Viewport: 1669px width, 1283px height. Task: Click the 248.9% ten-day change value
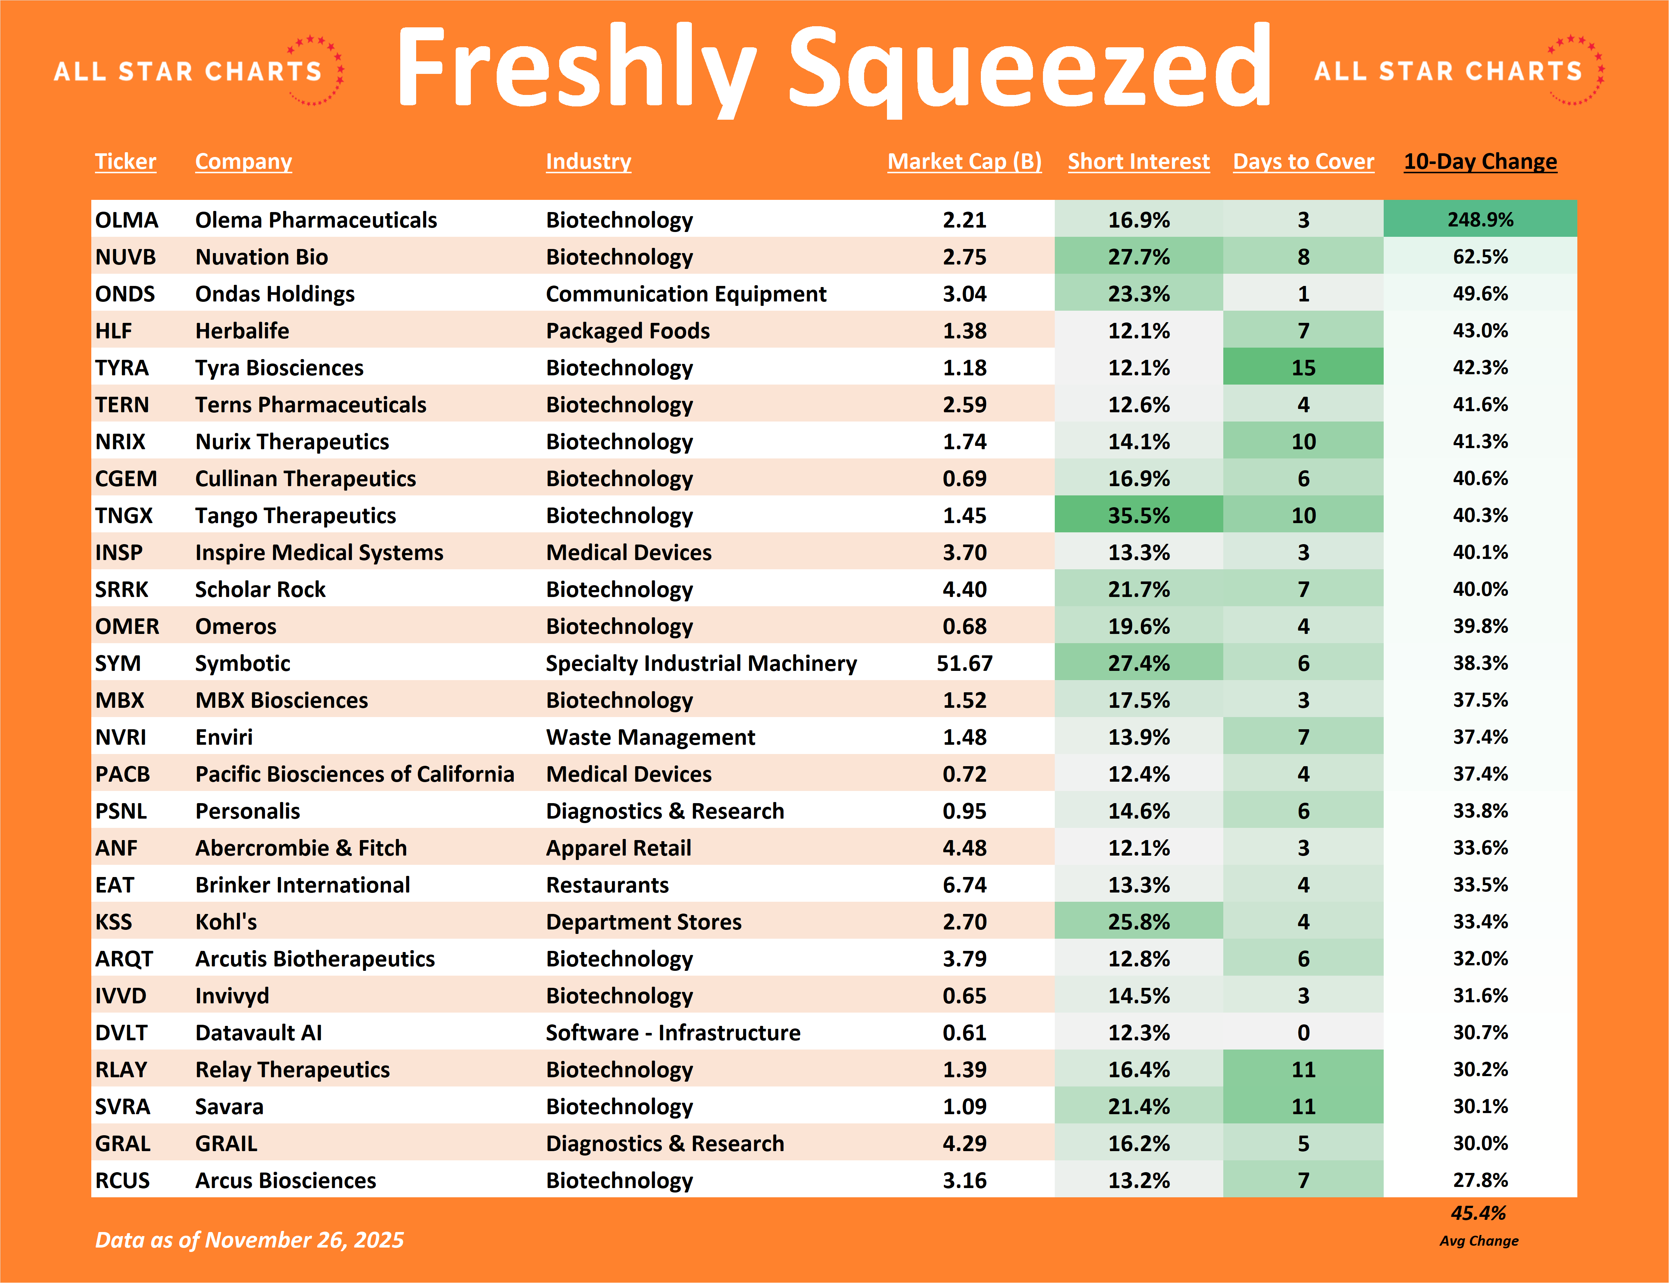(x=1479, y=220)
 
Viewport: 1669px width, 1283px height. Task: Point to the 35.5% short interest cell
(x=1138, y=515)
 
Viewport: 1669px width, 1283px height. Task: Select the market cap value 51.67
(x=964, y=663)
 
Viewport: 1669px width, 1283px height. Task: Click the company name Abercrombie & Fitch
(x=301, y=848)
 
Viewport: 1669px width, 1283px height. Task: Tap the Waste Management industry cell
(x=650, y=737)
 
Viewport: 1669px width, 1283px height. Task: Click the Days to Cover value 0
(x=1303, y=1033)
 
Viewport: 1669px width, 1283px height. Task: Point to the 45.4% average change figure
(x=1478, y=1213)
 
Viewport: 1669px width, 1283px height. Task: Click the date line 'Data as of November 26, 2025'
(x=249, y=1239)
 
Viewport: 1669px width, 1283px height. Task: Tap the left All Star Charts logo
(x=198, y=70)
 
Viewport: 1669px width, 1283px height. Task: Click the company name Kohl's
(x=226, y=922)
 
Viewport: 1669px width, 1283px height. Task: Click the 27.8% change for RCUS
(x=1479, y=1180)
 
